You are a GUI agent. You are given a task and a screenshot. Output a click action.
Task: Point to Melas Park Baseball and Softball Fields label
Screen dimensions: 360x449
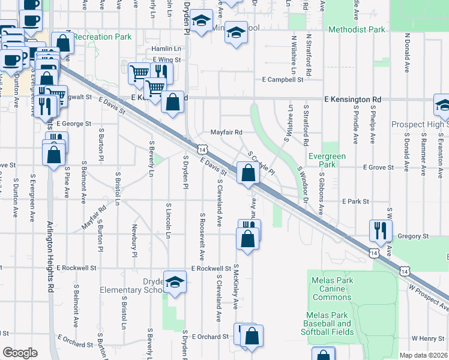click(x=330, y=324)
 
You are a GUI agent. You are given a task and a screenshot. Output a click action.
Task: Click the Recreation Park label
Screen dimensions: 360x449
click(x=103, y=37)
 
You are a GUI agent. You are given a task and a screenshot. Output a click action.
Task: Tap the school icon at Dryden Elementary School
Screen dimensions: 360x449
click(x=175, y=282)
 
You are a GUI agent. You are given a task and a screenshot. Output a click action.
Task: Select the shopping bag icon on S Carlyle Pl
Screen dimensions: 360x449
click(x=248, y=173)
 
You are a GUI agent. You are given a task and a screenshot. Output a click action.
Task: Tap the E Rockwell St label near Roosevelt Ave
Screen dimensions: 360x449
click(x=211, y=268)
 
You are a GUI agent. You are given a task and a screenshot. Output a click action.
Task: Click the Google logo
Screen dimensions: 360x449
click(x=20, y=353)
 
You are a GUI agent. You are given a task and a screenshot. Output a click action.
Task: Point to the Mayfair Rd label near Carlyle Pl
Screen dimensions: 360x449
click(x=226, y=132)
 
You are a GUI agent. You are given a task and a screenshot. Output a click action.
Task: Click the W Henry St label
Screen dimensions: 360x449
click(x=427, y=338)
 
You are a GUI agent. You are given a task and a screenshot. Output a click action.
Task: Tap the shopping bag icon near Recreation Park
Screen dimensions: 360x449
click(x=62, y=43)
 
